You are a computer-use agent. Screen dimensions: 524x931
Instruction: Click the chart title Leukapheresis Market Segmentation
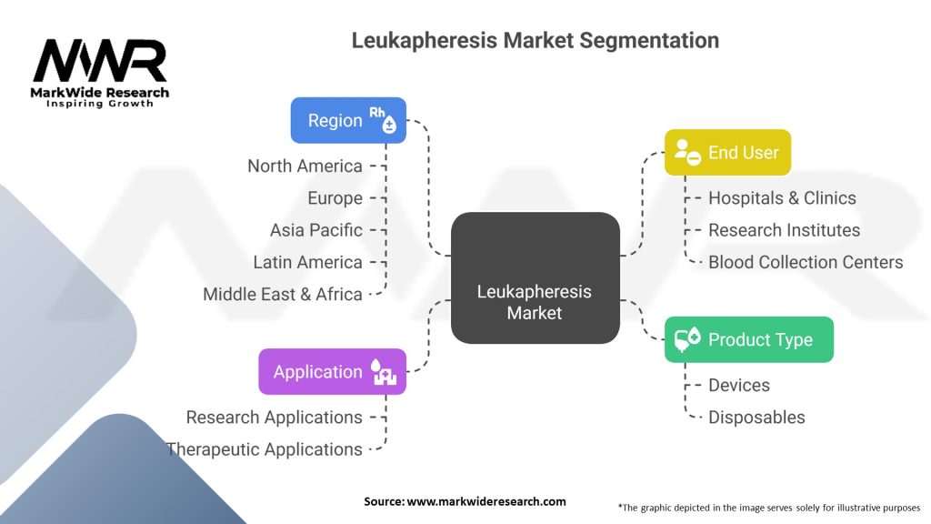535,41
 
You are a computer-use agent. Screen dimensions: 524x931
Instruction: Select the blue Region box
348,120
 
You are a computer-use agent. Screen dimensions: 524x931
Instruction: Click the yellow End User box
727,152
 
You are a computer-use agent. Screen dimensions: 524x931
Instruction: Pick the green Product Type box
748,339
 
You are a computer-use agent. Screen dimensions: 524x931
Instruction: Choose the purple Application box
332,371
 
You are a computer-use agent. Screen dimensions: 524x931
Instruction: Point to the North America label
305,166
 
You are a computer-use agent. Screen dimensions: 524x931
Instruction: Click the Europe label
335,198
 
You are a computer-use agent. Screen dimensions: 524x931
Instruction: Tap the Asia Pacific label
315,230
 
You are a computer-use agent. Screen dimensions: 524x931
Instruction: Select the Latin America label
307,262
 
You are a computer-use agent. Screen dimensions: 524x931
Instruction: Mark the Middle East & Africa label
282,294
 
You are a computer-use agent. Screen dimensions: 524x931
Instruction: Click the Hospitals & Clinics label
782,197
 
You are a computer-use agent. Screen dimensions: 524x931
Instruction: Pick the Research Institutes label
784,230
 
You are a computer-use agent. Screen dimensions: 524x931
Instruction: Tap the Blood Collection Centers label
806,262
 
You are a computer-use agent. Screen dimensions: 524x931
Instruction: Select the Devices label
738,385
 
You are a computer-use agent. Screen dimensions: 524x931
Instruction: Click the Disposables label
756,417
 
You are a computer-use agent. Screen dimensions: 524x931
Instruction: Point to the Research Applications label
274,417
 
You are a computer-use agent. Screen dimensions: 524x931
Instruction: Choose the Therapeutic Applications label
264,448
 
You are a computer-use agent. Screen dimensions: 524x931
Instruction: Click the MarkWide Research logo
100,73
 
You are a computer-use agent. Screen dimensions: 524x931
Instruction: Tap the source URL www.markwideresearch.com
465,501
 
